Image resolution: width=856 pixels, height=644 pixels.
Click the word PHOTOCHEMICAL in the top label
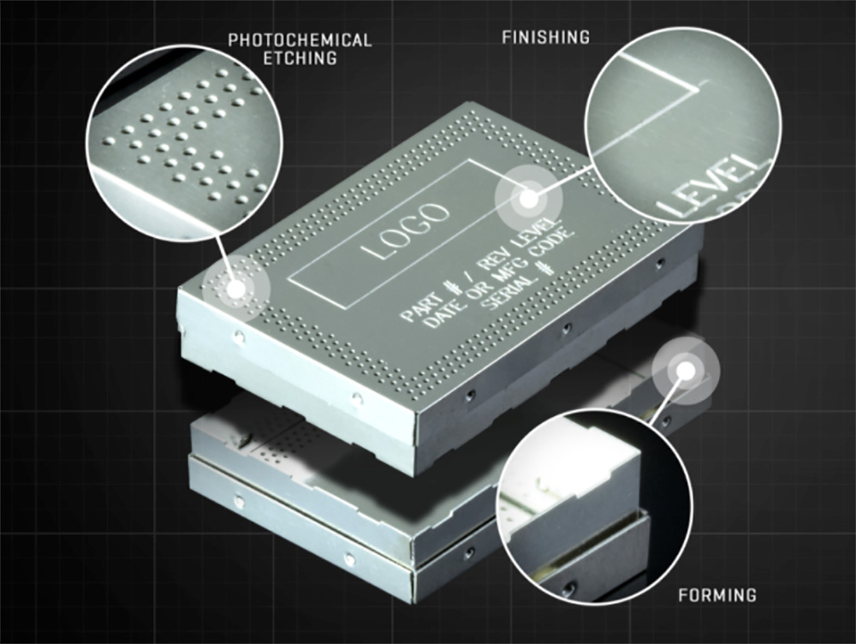(x=300, y=40)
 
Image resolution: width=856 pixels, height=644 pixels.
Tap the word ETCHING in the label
(x=300, y=58)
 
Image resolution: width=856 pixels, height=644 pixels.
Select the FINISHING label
(x=546, y=37)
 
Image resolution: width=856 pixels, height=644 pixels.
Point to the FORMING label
(x=717, y=595)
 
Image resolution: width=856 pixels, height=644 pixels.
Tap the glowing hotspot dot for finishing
(x=528, y=199)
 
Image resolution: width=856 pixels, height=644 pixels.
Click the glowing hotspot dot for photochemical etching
(x=236, y=289)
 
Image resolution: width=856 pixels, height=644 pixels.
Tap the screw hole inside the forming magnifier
(x=570, y=588)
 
